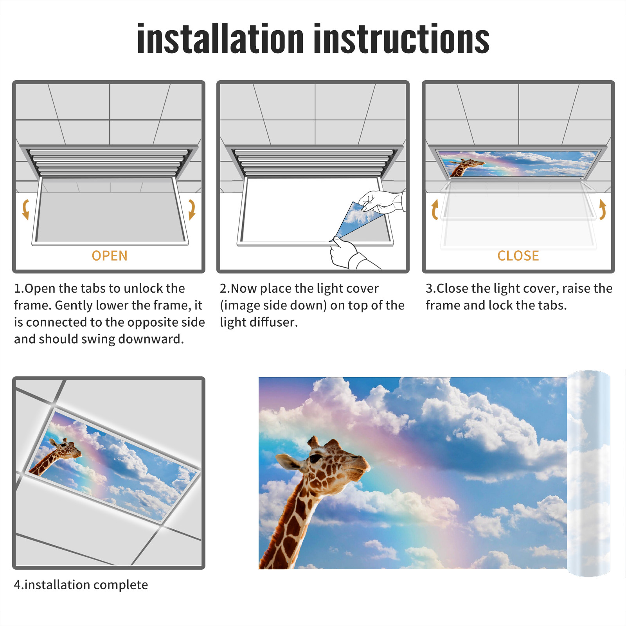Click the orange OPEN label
110,256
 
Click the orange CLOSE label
518,256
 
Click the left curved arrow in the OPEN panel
25,209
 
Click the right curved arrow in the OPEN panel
192,209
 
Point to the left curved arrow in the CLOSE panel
435,210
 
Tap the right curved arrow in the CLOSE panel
603,210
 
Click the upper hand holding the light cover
381,201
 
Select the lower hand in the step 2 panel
350,254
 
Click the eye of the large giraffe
315,458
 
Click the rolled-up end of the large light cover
588,473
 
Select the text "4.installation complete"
81,585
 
